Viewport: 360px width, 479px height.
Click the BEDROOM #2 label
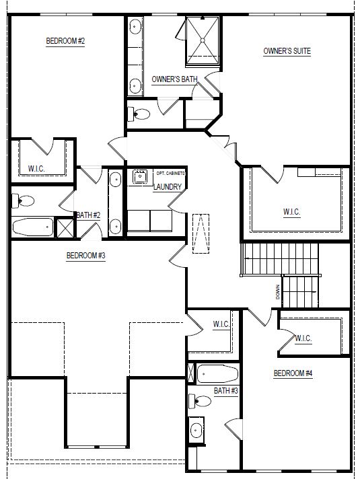click(65, 41)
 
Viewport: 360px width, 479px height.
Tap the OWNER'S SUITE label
click(287, 51)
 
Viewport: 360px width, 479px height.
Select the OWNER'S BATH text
click(174, 79)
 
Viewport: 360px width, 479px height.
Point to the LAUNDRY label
click(168, 186)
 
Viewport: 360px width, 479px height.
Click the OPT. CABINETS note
click(171, 173)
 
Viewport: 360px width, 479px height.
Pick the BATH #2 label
click(88, 215)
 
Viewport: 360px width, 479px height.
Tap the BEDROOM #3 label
click(86, 256)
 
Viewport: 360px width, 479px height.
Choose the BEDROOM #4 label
click(293, 373)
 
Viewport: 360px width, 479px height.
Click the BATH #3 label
click(226, 391)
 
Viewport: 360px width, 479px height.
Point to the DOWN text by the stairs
click(277, 292)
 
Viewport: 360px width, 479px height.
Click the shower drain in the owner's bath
click(203, 40)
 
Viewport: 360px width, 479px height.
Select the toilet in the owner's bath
click(139, 114)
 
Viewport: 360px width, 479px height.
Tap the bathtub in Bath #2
click(33, 227)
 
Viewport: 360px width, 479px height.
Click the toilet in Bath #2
click(23, 201)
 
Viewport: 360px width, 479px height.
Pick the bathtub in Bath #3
click(217, 374)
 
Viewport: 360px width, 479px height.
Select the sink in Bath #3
click(196, 431)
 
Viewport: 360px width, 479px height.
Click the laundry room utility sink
click(140, 176)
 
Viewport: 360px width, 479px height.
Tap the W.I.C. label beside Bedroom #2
click(36, 169)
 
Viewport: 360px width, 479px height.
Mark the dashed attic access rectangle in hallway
click(201, 233)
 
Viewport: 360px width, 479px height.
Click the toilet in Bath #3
click(200, 401)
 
